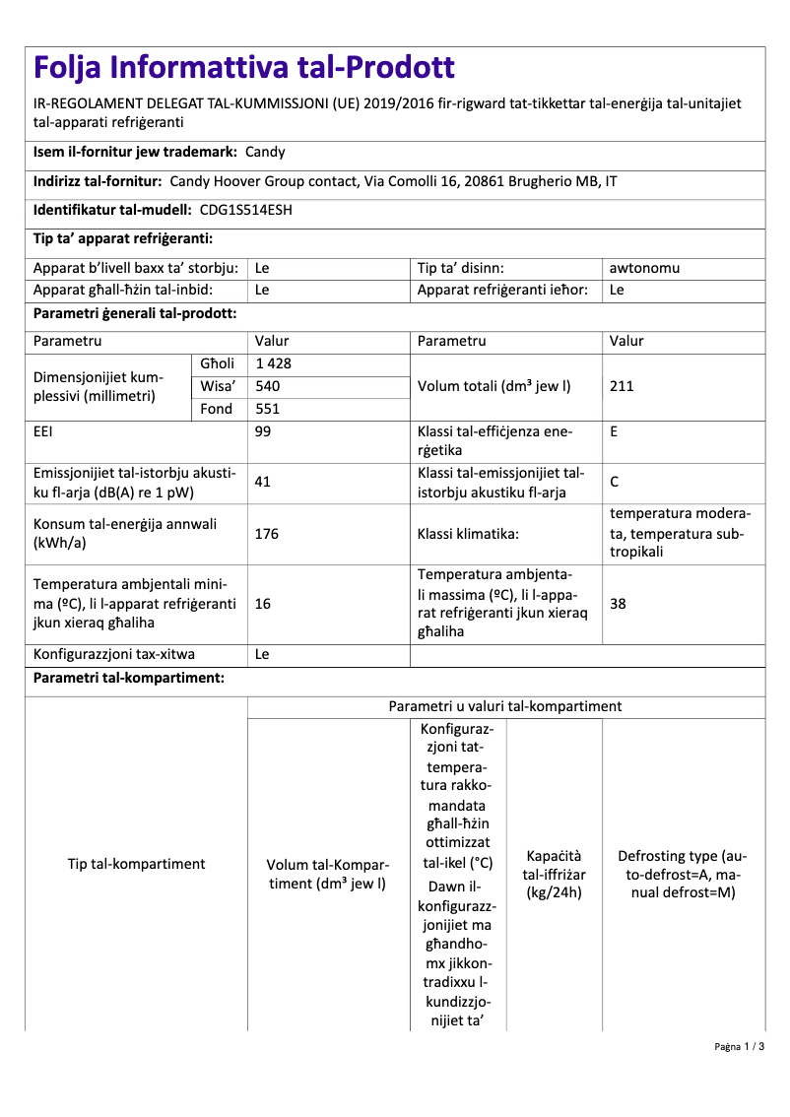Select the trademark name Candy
[x=265, y=153]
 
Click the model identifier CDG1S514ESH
[x=245, y=210]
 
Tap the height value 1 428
[x=273, y=363]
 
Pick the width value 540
[x=267, y=386]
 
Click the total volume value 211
[x=622, y=386]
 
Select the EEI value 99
[x=263, y=431]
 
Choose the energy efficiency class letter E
[x=615, y=431]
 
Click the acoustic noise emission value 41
[x=263, y=482]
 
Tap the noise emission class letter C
[x=615, y=482]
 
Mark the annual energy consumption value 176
[x=267, y=534]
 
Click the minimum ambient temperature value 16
[x=263, y=604]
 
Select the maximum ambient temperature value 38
[x=618, y=604]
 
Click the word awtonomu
[x=644, y=268]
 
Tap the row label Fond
[x=217, y=409]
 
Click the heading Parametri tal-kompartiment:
[x=128, y=679]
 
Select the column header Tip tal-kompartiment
[x=136, y=864]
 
